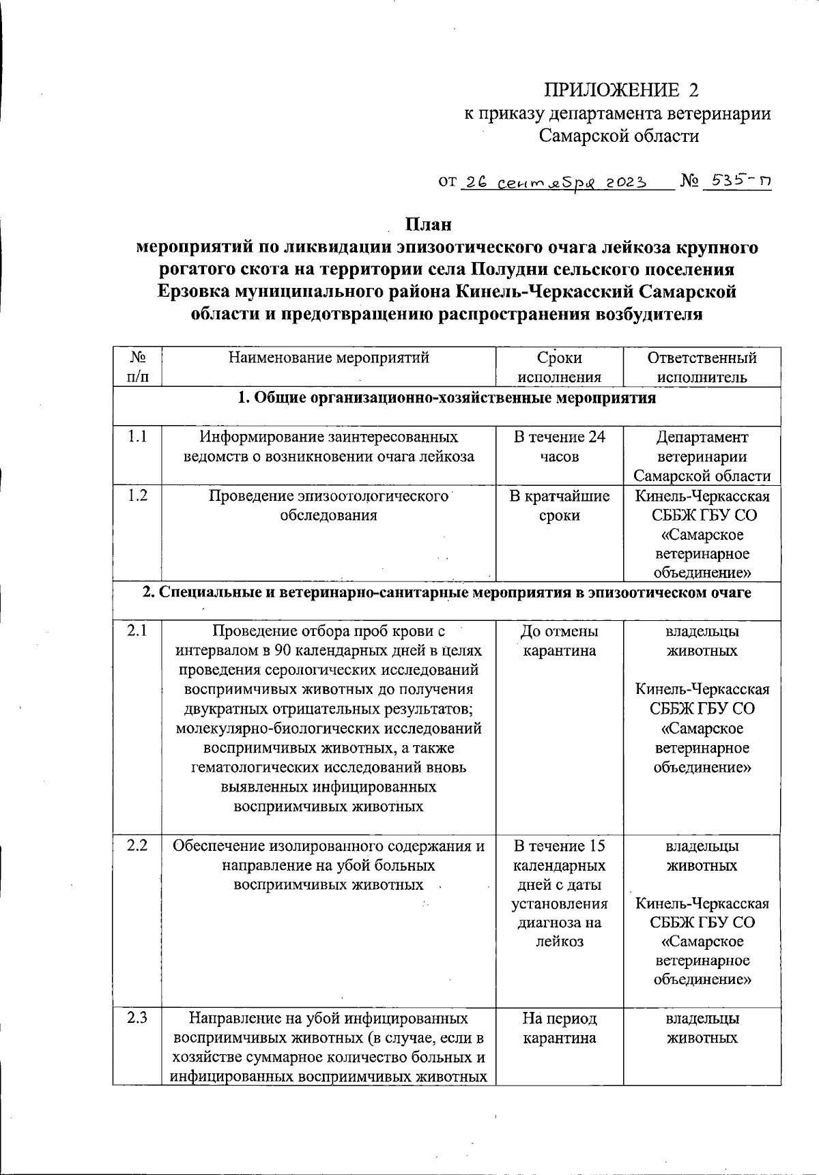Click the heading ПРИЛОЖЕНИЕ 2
621,90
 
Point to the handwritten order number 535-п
738,182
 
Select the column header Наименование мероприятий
328,358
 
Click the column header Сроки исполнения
559,367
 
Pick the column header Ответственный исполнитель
702,367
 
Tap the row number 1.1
137,437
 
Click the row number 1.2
137,495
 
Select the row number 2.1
137,631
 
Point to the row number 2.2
137,846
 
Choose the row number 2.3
137,1019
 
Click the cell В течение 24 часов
559,446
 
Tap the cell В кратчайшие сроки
559,505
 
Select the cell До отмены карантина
559,641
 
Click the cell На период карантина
559,1028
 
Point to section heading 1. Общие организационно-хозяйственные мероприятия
446,398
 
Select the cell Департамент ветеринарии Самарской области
702,456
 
